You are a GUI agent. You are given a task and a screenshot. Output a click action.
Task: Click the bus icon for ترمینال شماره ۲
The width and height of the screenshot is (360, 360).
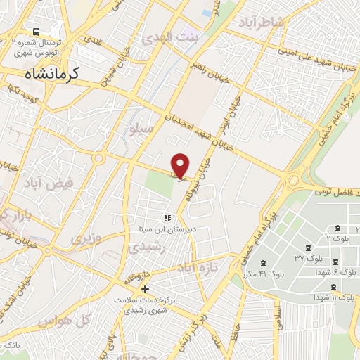click(35, 32)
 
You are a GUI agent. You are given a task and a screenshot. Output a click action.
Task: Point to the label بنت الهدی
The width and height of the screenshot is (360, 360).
click(165, 37)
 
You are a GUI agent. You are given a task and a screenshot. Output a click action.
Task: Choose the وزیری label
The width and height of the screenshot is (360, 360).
click(85, 238)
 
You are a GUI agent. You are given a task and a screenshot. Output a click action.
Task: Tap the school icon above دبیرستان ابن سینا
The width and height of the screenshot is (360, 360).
click(167, 218)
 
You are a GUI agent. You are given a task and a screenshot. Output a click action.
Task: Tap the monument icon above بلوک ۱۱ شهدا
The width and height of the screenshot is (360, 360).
click(333, 287)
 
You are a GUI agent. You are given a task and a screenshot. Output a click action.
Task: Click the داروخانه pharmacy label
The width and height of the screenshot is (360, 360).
click(134, 276)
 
